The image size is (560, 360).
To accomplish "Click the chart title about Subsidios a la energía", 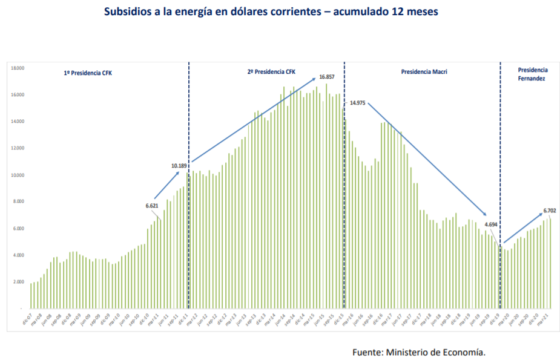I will tap(271, 11).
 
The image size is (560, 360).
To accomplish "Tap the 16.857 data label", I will tap(326, 77).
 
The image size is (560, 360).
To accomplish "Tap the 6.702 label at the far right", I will tap(549, 211).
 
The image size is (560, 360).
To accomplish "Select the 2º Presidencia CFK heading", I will tap(271, 71).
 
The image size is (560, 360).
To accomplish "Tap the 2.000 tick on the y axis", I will tap(18, 282).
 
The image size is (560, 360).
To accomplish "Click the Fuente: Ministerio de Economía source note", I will tap(418, 352).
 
